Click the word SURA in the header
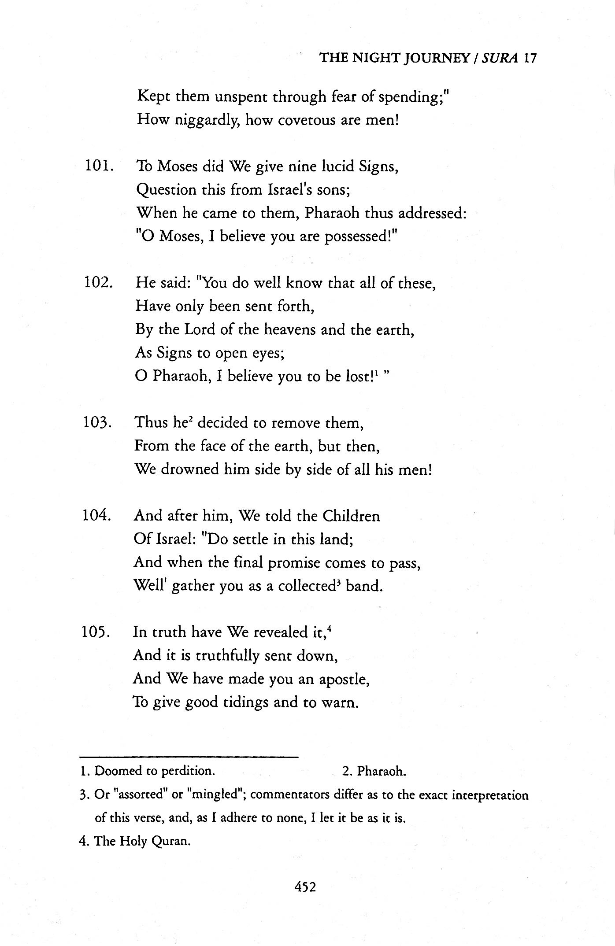[500, 58]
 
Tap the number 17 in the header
[530, 58]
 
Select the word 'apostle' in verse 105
[342, 679]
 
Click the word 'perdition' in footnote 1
[187, 771]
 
